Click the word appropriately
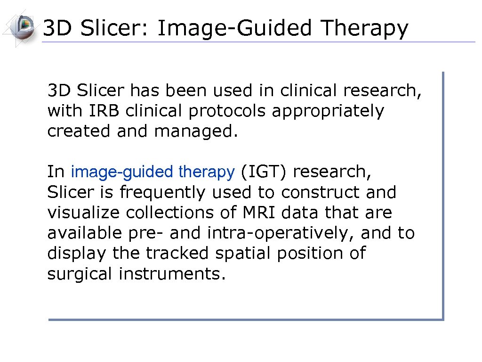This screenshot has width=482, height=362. [x=328, y=112]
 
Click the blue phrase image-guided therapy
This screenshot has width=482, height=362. [x=152, y=173]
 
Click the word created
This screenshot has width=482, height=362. [x=79, y=132]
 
